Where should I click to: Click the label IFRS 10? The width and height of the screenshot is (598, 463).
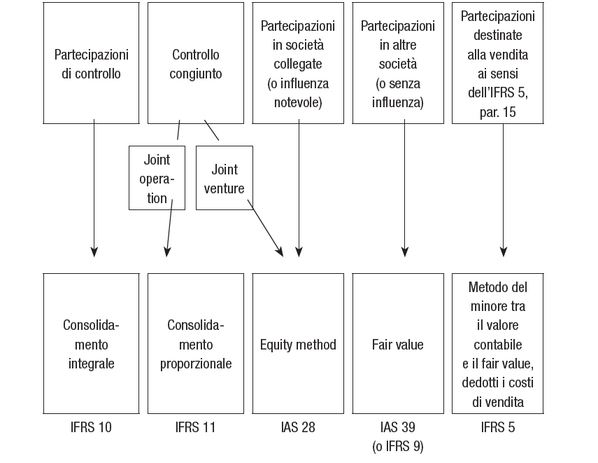click(91, 427)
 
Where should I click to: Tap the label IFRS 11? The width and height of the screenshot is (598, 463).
click(195, 427)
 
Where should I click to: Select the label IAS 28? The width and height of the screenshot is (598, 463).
click(298, 427)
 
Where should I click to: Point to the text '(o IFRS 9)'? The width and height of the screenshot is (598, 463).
click(398, 446)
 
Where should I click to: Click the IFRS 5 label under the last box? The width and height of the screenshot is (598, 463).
click(498, 427)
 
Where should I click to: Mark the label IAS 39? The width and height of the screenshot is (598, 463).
click(398, 427)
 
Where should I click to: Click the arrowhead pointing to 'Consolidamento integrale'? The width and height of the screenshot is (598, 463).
click(94, 251)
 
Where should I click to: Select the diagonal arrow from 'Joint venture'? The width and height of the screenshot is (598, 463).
click(266, 228)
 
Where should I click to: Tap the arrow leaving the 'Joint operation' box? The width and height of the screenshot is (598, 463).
click(169, 228)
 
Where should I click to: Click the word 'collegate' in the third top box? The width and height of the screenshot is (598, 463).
click(298, 64)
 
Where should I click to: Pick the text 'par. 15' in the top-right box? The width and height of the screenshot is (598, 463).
click(498, 112)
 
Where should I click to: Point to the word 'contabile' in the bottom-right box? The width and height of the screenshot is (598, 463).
click(498, 345)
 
